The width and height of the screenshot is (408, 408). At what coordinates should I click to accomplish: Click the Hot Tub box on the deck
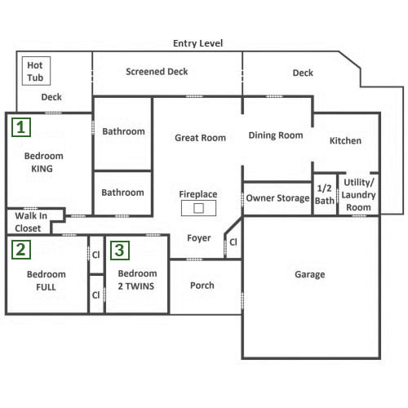[x=36, y=71]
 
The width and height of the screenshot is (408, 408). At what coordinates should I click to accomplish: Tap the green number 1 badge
[x=21, y=127]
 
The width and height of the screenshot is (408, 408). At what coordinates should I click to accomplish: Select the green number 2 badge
[x=21, y=250]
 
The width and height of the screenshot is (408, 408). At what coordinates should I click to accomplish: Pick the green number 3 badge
[x=120, y=251]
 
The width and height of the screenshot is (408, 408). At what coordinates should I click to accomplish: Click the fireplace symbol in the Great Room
[x=198, y=208]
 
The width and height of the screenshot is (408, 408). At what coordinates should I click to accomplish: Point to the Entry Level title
[x=197, y=43]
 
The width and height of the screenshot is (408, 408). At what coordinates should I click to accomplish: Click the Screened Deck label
[x=157, y=72]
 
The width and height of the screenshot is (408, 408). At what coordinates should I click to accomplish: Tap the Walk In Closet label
[x=31, y=222]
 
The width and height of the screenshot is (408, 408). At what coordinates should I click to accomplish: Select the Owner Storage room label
[x=277, y=198]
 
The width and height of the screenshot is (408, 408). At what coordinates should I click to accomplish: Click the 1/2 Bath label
[x=325, y=194]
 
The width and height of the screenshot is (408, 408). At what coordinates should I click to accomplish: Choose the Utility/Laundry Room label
[x=358, y=195]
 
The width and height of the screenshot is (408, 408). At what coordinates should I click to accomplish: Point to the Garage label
[x=310, y=274]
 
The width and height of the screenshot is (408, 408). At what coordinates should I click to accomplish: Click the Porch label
[x=202, y=286]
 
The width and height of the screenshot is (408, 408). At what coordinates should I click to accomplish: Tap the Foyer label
[x=199, y=238]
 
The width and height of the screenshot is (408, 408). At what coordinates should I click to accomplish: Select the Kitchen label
[x=345, y=140]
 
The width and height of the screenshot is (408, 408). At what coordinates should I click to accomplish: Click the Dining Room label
[x=276, y=135]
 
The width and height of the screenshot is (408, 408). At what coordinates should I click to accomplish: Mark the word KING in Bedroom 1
[x=42, y=169]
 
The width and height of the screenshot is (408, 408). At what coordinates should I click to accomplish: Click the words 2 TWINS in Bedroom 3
[x=136, y=286]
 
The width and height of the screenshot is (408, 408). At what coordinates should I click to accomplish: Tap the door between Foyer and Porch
[x=194, y=259]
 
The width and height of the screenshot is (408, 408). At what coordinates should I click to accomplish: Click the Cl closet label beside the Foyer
[x=233, y=242]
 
